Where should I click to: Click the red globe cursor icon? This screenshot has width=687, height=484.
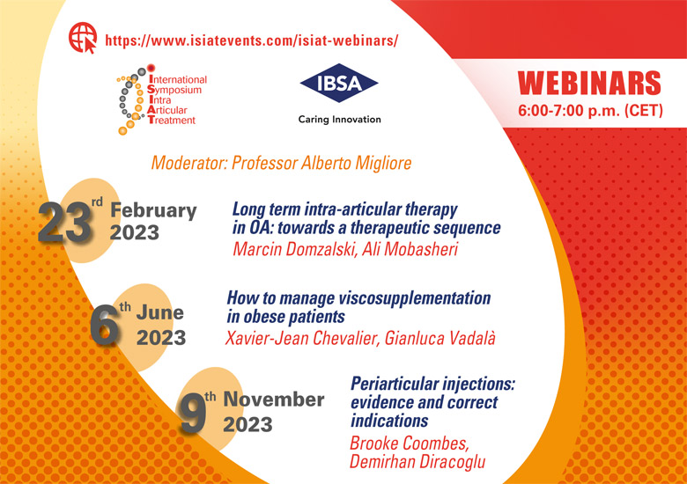(x=83, y=38)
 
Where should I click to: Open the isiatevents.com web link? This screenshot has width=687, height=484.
(x=252, y=40)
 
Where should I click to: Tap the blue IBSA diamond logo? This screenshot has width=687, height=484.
(x=339, y=83)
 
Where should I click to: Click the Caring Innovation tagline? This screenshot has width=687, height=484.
(x=340, y=120)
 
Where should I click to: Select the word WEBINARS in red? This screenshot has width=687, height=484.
(x=589, y=83)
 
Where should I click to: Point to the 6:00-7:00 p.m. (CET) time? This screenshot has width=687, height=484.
(x=590, y=110)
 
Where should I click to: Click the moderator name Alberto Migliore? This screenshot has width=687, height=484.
(x=356, y=163)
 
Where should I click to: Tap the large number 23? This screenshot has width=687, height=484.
(x=65, y=223)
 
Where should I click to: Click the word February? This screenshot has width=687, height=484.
(x=153, y=211)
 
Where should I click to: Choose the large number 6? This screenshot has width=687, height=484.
(x=105, y=325)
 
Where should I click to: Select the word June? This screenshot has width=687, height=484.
(x=160, y=312)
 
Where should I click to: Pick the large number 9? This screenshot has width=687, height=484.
(x=193, y=412)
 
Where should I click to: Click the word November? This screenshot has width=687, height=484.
(x=274, y=400)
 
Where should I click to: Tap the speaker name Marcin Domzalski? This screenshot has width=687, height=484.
(x=295, y=249)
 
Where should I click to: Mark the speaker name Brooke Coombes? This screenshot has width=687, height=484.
(x=410, y=444)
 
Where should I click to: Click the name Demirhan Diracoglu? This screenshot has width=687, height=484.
(x=417, y=462)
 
